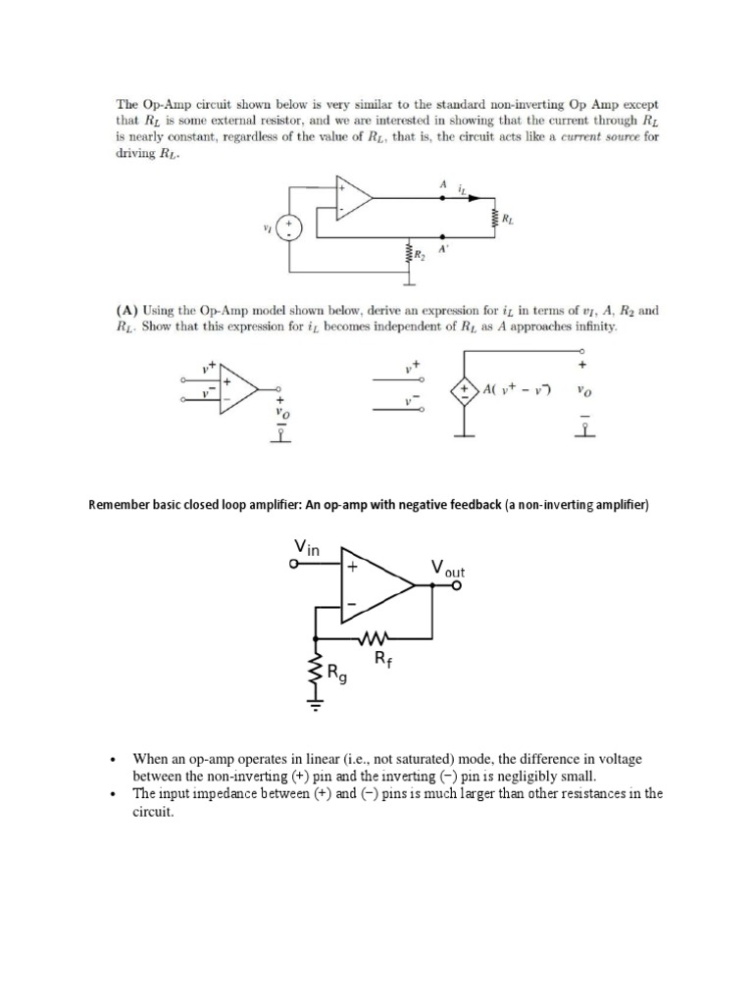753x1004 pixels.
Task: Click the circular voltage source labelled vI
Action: [290, 227]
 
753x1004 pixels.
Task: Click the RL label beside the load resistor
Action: [507, 221]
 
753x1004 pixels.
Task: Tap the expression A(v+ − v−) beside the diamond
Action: [517, 390]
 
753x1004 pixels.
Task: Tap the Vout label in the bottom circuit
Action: [447, 569]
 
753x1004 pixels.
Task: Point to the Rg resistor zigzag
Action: [316, 674]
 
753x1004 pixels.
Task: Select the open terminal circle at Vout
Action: [455, 586]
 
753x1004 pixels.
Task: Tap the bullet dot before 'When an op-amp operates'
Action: [114, 760]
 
